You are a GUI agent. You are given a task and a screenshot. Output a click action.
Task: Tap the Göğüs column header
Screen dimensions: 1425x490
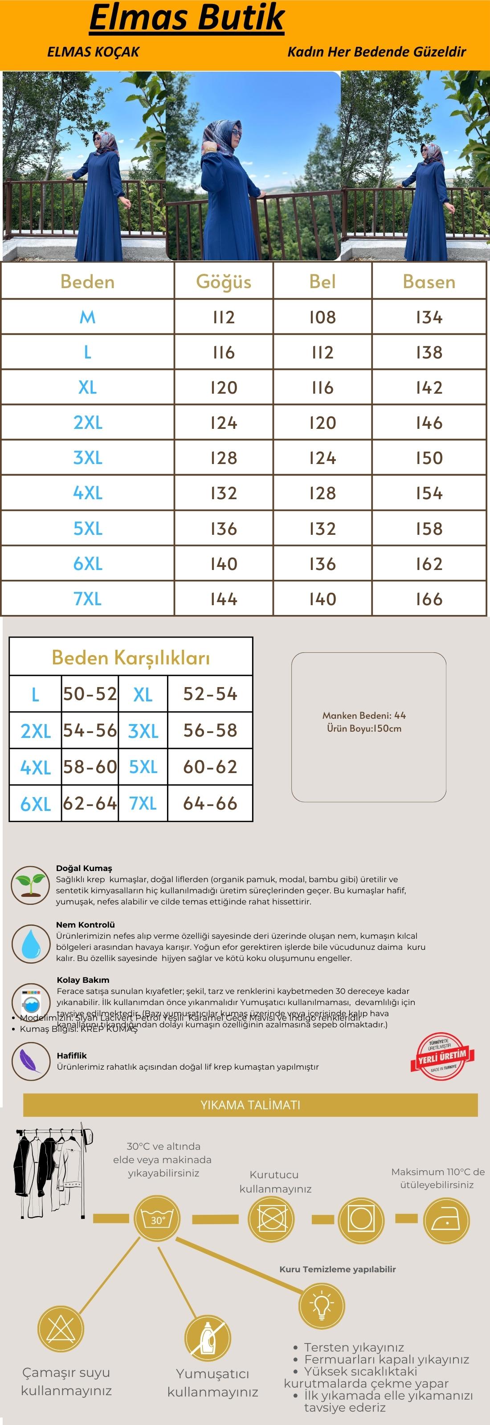pos(224,281)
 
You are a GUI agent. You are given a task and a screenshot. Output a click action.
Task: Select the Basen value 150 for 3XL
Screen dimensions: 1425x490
pos(429,458)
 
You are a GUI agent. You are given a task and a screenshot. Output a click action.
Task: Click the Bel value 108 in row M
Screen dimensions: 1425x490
pos(323,318)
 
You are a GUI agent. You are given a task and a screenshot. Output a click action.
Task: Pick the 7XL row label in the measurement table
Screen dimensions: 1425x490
pos(87,598)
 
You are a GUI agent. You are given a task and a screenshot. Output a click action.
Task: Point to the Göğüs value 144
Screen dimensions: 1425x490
pos(224,599)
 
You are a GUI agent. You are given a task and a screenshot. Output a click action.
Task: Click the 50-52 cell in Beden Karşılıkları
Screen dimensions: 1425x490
pos(90,694)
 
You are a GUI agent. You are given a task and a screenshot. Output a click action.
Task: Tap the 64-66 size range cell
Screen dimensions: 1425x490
pos(210,803)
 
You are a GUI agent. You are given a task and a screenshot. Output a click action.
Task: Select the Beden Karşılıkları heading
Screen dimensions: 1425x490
pos(131,658)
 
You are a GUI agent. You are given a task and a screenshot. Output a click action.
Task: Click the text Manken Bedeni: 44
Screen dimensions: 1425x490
pos(364,715)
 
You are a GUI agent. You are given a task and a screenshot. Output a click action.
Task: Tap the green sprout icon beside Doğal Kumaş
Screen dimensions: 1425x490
pos(30,885)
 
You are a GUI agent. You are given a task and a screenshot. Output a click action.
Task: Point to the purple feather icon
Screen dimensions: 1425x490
pos(30,1062)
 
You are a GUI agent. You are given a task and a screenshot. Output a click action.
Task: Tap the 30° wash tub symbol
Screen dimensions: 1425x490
pos(158,1220)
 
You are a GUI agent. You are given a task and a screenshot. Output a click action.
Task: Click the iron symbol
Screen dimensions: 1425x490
pos(446,1220)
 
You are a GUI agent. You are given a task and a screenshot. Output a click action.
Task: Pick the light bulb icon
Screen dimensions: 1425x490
pos(321,1304)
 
